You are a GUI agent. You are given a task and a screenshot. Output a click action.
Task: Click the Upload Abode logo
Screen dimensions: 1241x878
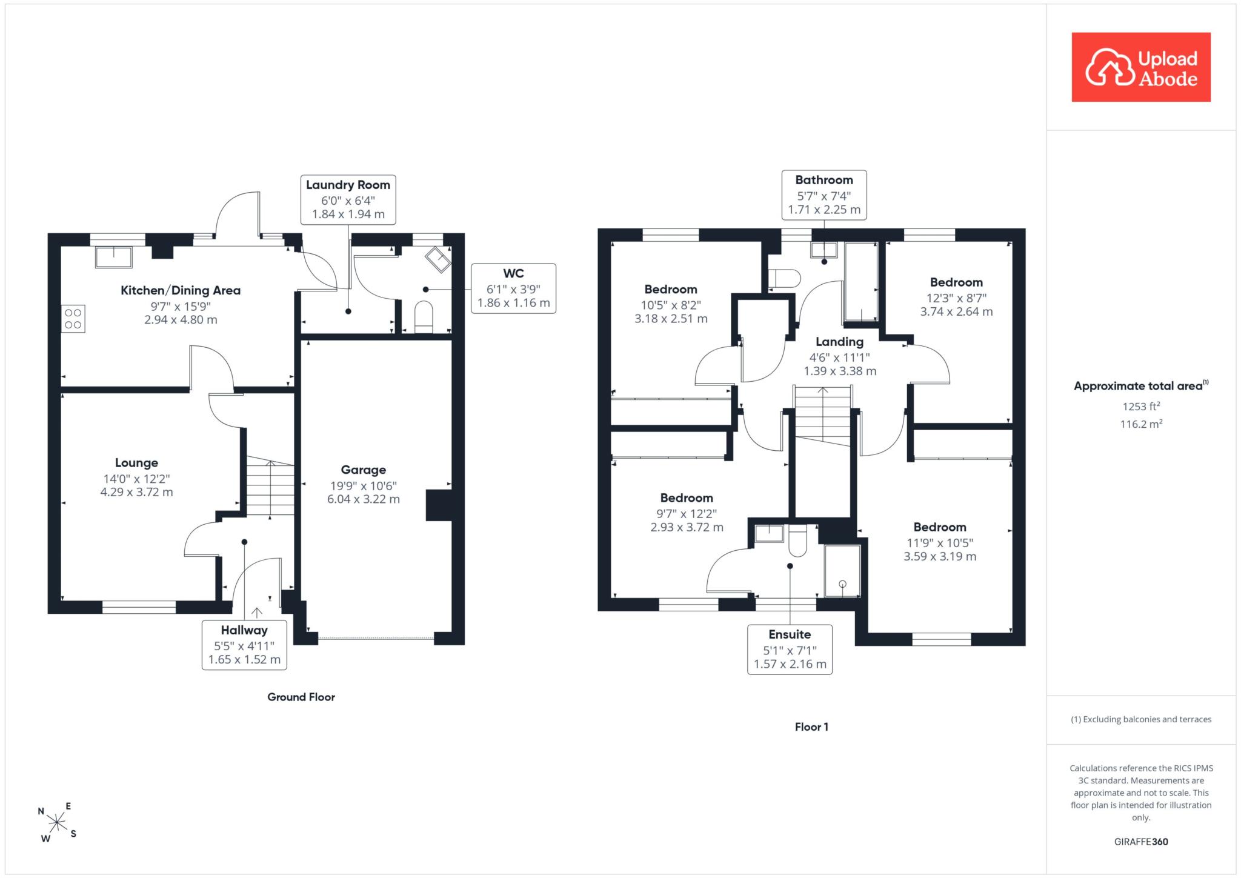tap(1141, 67)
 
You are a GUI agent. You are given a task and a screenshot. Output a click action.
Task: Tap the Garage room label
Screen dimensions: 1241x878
tap(364, 470)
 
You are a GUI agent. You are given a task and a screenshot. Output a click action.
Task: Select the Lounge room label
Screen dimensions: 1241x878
tap(136, 463)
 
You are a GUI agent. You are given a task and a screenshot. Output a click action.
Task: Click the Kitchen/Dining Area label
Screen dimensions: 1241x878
tap(181, 290)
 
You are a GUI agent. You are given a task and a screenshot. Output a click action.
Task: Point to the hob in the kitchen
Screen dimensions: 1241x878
tap(73, 319)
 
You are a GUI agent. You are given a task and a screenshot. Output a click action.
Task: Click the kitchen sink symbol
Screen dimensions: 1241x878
tap(113, 257)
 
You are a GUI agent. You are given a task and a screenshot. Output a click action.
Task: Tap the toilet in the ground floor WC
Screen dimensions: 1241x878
tap(424, 317)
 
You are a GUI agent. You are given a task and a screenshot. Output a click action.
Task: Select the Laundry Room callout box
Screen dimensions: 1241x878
tap(348, 199)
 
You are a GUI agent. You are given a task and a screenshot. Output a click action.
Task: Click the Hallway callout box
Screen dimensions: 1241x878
tap(244, 645)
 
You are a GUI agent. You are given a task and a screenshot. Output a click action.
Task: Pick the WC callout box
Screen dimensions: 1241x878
tap(513, 288)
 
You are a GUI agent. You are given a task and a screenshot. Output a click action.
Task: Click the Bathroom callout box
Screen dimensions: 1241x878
tap(824, 195)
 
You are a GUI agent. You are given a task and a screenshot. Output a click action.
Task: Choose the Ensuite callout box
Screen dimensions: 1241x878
tap(790, 650)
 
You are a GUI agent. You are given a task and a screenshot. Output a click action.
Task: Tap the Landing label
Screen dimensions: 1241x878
tap(839, 342)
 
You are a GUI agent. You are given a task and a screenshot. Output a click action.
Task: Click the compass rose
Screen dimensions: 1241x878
tap(57, 822)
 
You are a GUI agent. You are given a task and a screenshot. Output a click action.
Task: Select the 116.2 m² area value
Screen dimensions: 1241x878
tap(1141, 424)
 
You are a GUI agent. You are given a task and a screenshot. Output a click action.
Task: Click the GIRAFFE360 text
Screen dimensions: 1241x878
tap(1141, 842)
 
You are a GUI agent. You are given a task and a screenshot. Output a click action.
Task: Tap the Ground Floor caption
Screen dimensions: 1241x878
tap(301, 697)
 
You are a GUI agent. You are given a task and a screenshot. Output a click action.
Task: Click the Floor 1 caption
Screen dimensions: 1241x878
tap(811, 727)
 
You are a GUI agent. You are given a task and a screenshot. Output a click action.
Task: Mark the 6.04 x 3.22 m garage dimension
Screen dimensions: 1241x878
tap(364, 499)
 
